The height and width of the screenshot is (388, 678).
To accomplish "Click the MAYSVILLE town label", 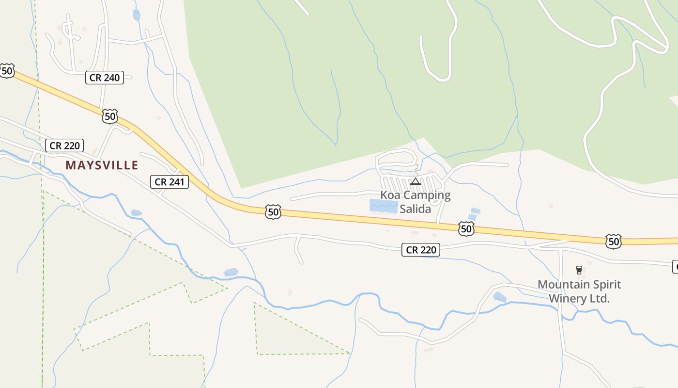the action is tap(102, 165).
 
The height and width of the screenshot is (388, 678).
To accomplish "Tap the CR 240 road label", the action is tap(105, 78).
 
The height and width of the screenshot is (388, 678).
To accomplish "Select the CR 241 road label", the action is tap(169, 182).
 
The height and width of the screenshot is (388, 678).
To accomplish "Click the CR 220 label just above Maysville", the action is tap(64, 145).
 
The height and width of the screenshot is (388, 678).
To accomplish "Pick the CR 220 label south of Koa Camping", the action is tap(421, 250).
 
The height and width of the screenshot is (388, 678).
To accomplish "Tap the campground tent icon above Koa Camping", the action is tap(416, 182).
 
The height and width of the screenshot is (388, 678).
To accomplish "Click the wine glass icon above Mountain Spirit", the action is tap(579, 270).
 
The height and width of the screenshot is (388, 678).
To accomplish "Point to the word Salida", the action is tap(415, 209).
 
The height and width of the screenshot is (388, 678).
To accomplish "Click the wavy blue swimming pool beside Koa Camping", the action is tap(384, 206).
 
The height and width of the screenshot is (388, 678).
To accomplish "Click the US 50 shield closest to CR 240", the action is tap(110, 116).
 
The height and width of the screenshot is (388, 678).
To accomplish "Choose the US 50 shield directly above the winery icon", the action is tap(613, 241).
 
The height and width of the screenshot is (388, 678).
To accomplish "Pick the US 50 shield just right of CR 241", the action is tap(273, 211).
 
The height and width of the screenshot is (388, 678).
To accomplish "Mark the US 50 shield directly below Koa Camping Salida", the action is tap(466, 229).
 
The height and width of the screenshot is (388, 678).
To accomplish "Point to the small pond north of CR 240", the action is tap(137, 15).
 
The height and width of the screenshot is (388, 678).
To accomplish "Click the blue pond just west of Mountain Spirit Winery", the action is tap(499, 297).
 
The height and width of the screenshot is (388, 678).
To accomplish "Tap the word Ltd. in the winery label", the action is tap(599, 298).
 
